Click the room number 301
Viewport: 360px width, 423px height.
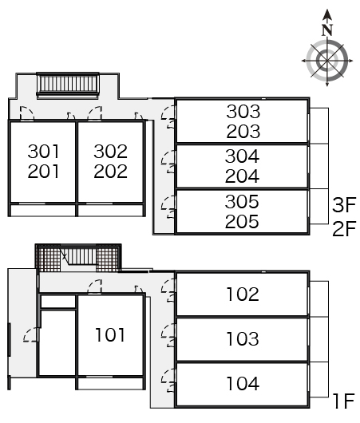[43, 152]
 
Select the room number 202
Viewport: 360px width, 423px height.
[111, 172]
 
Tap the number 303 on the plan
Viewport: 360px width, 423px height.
[243, 112]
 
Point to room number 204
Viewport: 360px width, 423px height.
[242, 176]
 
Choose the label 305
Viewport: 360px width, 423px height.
[242, 201]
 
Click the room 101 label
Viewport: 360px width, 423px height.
[110, 334]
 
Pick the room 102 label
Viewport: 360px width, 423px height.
[243, 294]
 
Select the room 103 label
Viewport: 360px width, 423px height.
[243, 339]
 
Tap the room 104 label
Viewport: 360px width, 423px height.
[243, 384]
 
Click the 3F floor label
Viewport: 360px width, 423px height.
[344, 205]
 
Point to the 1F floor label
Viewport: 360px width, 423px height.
[343, 401]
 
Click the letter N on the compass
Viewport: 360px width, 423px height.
[327, 30]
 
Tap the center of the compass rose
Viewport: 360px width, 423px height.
[327, 61]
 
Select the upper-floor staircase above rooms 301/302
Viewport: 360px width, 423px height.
[68, 85]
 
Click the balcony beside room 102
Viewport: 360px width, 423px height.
[319, 299]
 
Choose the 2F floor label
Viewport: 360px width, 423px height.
[344, 229]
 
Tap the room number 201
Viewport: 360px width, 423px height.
[43, 172]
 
